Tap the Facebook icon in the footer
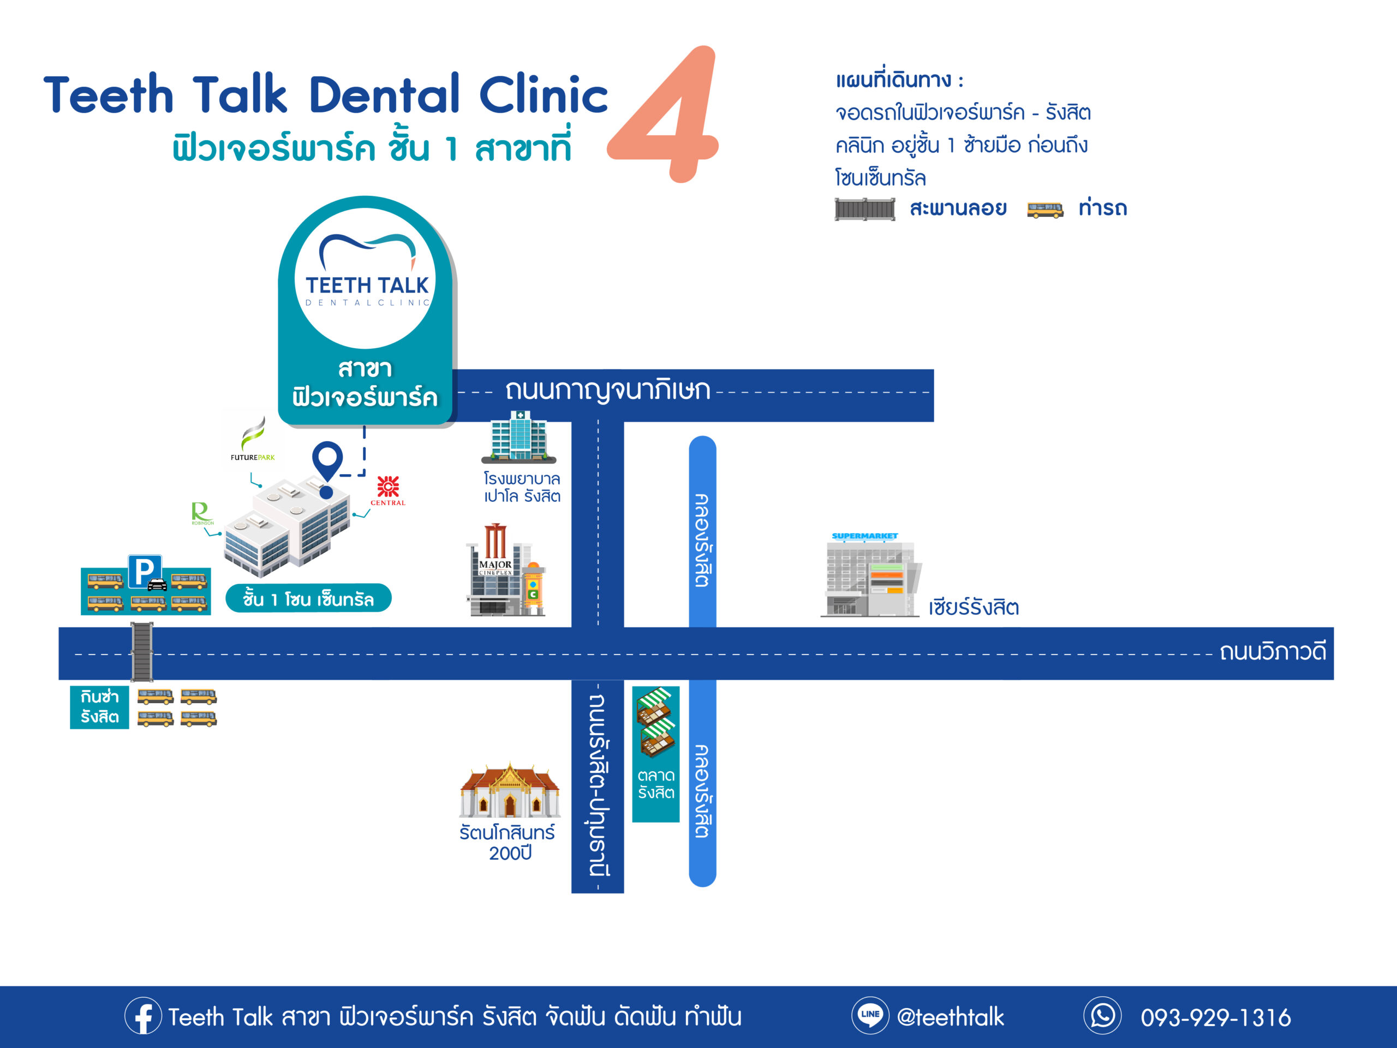click(143, 1016)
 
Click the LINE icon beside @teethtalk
click(870, 1015)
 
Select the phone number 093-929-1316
click(1215, 1017)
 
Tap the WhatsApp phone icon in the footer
click(1102, 1015)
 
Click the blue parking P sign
click(145, 571)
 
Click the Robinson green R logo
click(201, 513)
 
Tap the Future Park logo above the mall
click(253, 439)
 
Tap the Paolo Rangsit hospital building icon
click(519, 437)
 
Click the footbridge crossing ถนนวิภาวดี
click(141, 652)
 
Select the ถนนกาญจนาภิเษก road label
click(607, 390)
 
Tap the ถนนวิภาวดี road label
click(1272, 651)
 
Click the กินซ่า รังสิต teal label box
click(99, 707)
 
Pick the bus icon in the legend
click(1044, 209)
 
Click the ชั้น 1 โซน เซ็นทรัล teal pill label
click(308, 598)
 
